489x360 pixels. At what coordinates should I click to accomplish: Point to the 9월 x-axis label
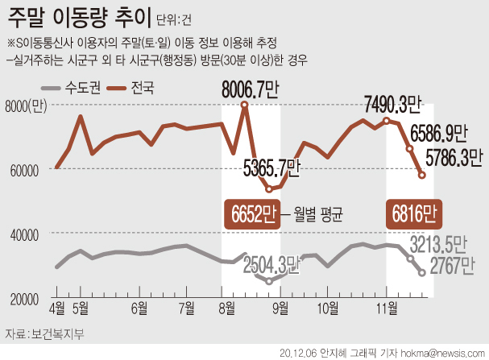pyautogui.click(x=281, y=307)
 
